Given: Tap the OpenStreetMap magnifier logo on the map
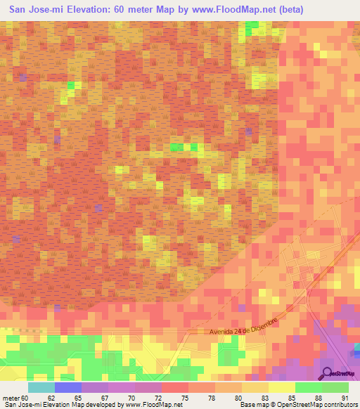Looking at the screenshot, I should click(x=327, y=374).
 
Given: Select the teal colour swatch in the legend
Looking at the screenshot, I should click(x=41, y=387).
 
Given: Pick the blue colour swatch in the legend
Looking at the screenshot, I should click(x=68, y=387).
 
